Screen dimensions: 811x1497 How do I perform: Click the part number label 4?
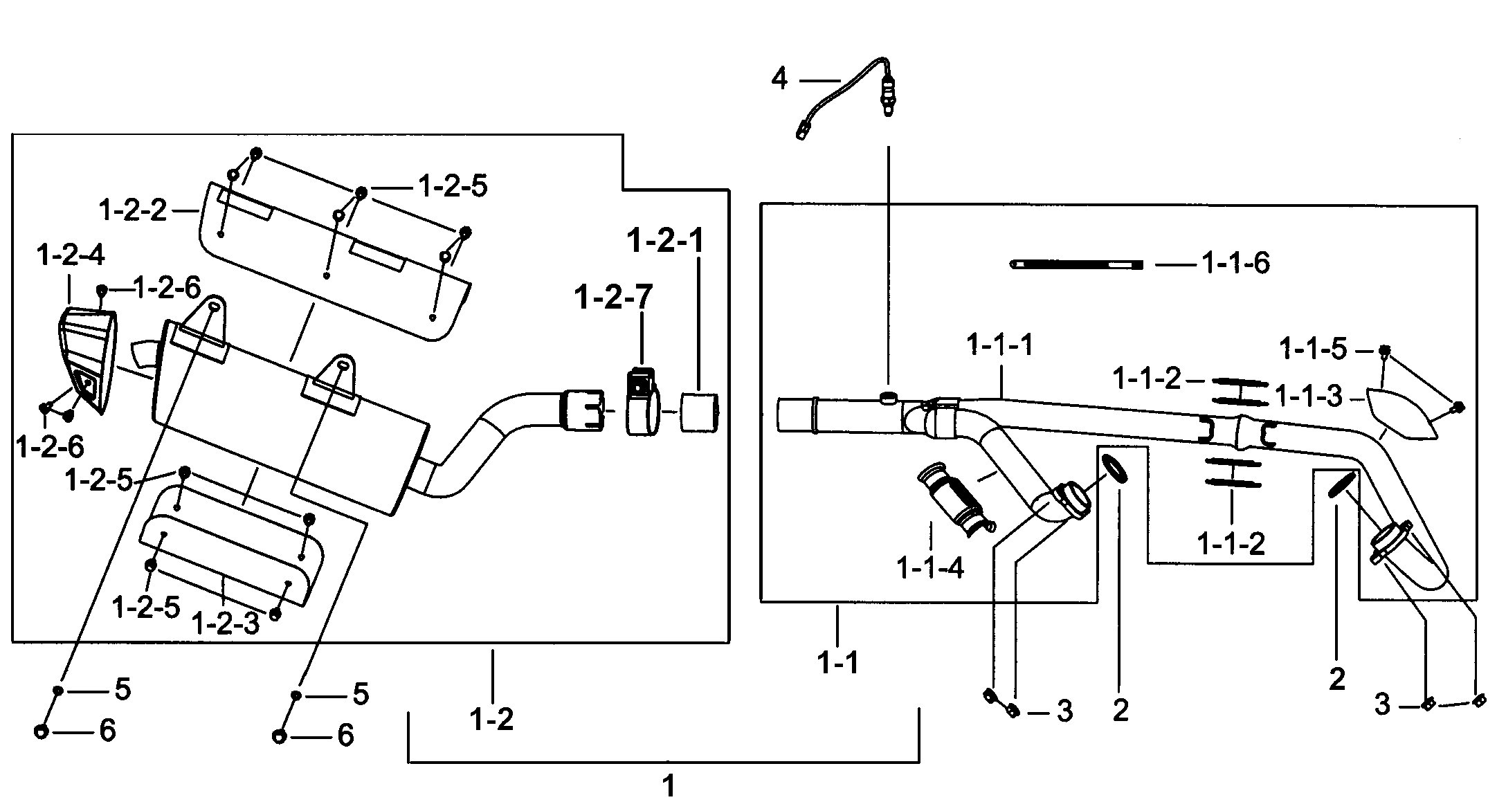779,80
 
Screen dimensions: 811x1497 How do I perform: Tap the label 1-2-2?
133,210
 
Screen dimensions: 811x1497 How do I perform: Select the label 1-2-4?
70,255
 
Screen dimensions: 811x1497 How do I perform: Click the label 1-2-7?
613,298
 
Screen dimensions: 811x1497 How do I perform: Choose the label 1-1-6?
1235,264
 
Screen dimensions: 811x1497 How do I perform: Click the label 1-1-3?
1308,397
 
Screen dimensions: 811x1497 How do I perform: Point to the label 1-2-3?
224,623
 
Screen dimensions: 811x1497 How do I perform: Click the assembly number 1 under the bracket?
669,786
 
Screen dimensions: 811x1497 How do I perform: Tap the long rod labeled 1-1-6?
1076,264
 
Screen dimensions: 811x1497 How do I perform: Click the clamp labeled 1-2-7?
642,403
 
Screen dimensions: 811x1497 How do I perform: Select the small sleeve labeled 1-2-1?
700,412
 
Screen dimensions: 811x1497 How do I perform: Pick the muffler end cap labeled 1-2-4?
87,360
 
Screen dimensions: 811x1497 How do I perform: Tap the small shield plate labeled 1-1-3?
1401,414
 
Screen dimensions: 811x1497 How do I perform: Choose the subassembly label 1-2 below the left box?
491,720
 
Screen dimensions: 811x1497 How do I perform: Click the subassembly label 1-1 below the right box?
837,663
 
